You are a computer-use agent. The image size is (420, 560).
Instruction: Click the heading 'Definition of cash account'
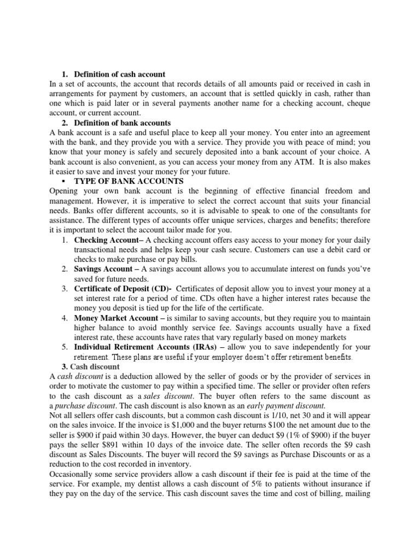point(120,74)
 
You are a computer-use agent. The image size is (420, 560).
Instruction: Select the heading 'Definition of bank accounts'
point(122,122)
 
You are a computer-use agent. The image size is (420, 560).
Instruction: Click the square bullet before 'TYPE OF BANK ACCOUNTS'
point(65,181)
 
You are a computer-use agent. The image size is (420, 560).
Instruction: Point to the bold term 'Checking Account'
point(104,240)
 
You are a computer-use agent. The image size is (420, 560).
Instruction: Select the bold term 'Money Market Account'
point(113,317)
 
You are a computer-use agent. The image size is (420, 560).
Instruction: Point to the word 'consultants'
point(324,211)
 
